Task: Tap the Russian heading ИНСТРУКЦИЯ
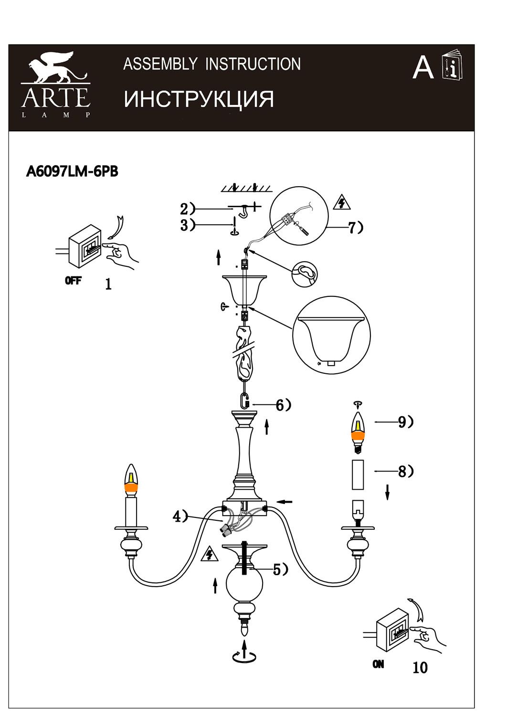199,99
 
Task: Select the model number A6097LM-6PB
72,172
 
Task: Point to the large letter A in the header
423,68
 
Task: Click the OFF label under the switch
73,281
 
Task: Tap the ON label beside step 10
378,664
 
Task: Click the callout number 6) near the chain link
284,405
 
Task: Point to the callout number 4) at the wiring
180,516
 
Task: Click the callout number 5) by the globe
281,569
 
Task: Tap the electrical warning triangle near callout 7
342,202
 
